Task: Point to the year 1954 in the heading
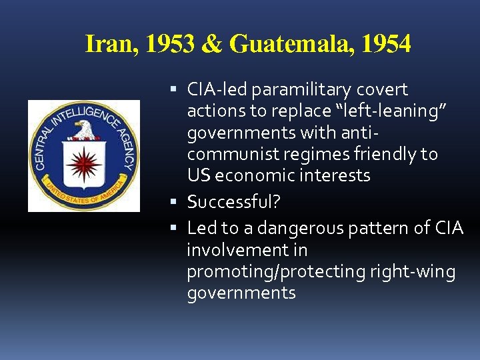pyautogui.click(x=385, y=45)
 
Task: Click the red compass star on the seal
pyautogui.click(x=84, y=163)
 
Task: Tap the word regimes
pyautogui.click(x=312, y=154)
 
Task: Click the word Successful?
pyautogui.click(x=234, y=201)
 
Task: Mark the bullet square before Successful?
pyautogui.click(x=173, y=201)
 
